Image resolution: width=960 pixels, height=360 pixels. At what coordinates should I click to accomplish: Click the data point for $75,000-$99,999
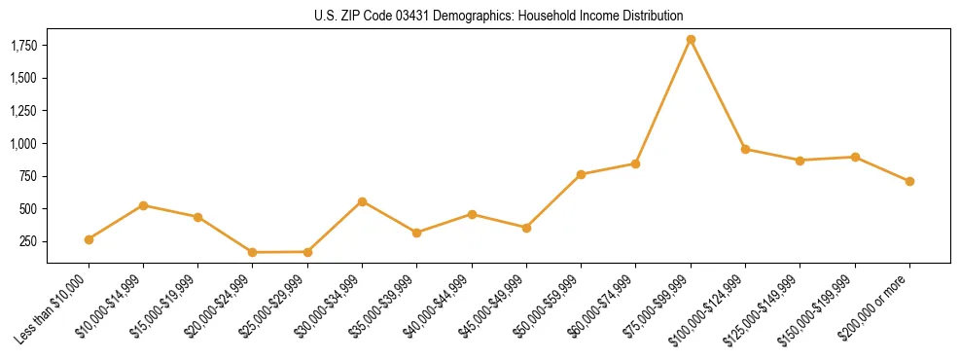[x=691, y=40]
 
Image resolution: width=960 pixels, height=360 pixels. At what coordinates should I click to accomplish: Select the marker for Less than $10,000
[x=89, y=239]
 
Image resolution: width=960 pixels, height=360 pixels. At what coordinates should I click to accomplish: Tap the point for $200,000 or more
[x=909, y=181]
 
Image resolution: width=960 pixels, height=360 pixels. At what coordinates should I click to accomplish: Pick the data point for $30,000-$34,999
[x=362, y=201]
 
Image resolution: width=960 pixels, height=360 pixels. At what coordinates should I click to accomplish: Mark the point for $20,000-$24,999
[x=253, y=253]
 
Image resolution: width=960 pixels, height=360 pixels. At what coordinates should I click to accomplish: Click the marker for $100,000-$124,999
[x=745, y=149]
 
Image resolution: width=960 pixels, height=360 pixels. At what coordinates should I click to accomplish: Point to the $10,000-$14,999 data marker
[x=143, y=205]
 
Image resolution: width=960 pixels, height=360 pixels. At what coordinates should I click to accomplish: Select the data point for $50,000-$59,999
[x=581, y=175]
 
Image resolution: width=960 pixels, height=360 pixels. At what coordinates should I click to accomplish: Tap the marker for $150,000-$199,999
[x=855, y=157]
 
